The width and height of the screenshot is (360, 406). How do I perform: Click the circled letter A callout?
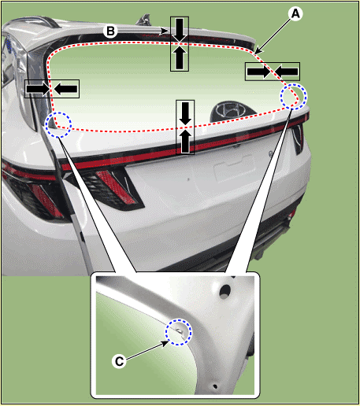295,13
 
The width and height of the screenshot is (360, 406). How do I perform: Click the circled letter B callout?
110,31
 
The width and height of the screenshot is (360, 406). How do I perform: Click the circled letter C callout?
119,361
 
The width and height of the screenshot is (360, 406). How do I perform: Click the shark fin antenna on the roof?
144,20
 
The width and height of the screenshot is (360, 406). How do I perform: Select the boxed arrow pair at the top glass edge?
180,44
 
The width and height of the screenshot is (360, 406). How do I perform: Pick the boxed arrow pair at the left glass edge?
52,89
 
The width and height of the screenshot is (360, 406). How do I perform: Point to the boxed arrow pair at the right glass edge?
273,72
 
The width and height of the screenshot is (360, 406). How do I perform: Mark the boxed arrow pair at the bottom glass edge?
185,127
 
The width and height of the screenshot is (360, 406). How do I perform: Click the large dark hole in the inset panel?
225,291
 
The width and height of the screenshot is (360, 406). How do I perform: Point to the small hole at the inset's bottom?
215,386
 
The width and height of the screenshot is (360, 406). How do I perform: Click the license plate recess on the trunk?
234,168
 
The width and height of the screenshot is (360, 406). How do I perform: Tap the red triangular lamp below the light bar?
116,186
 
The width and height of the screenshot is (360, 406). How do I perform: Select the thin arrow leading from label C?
147,350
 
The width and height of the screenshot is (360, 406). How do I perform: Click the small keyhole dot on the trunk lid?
188,179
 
